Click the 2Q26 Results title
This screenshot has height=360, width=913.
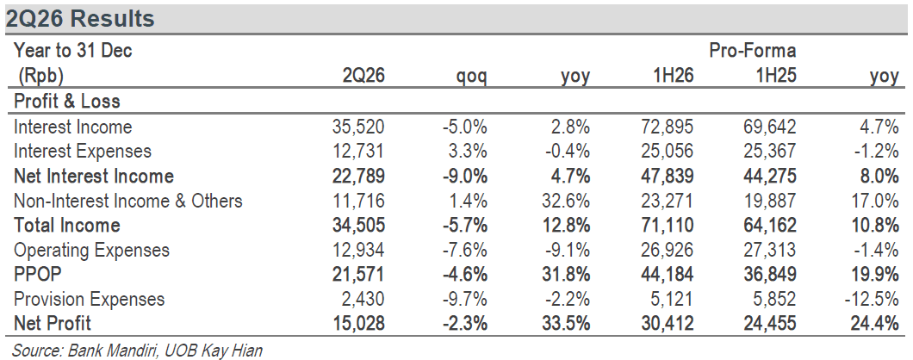click(x=80, y=19)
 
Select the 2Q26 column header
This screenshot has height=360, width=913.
click(x=364, y=77)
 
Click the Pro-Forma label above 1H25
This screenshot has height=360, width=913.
click(x=752, y=51)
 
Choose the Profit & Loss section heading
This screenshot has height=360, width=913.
click(x=67, y=102)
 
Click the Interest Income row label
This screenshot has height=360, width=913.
click(x=73, y=127)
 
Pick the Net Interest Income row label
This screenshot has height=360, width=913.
click(x=94, y=176)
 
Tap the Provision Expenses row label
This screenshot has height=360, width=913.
click(x=89, y=300)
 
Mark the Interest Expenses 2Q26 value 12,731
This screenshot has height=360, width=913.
click(x=358, y=151)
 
